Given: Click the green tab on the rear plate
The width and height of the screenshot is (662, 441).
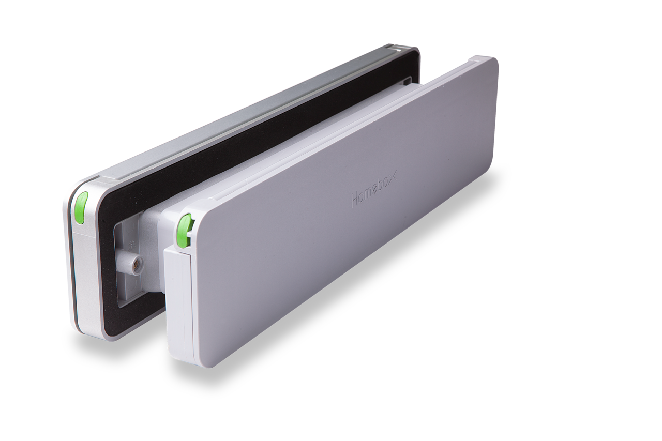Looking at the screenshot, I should click(81, 207).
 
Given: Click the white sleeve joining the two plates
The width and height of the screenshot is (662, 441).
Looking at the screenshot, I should click(155, 233).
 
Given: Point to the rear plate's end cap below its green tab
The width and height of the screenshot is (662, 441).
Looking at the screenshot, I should click(83, 279).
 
